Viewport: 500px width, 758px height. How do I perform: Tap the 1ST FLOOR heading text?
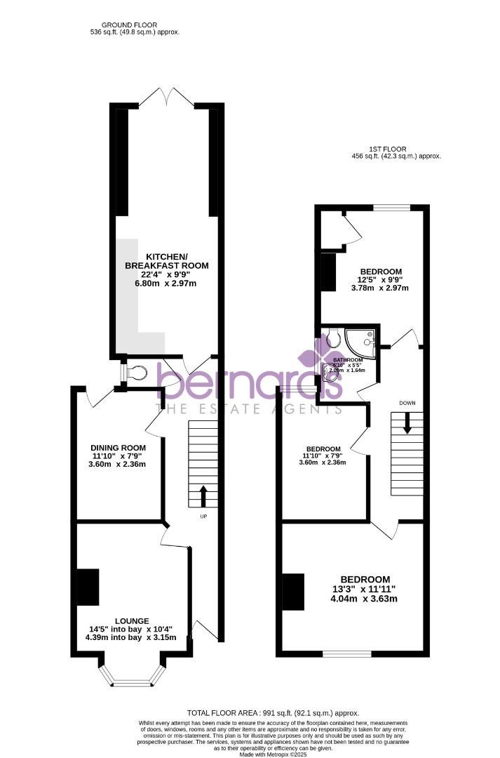387,149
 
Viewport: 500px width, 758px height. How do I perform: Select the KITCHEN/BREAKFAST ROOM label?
167,260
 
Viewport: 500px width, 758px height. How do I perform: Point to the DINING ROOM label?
118,448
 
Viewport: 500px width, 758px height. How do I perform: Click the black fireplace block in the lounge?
88,587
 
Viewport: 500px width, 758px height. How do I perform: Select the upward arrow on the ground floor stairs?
203,496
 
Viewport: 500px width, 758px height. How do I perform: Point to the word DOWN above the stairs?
407,403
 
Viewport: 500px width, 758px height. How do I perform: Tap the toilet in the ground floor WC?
136,371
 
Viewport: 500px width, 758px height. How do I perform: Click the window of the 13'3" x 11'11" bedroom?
346,654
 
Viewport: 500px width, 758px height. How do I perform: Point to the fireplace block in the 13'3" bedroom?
294,591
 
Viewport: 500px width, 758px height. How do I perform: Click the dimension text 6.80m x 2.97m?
167,284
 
